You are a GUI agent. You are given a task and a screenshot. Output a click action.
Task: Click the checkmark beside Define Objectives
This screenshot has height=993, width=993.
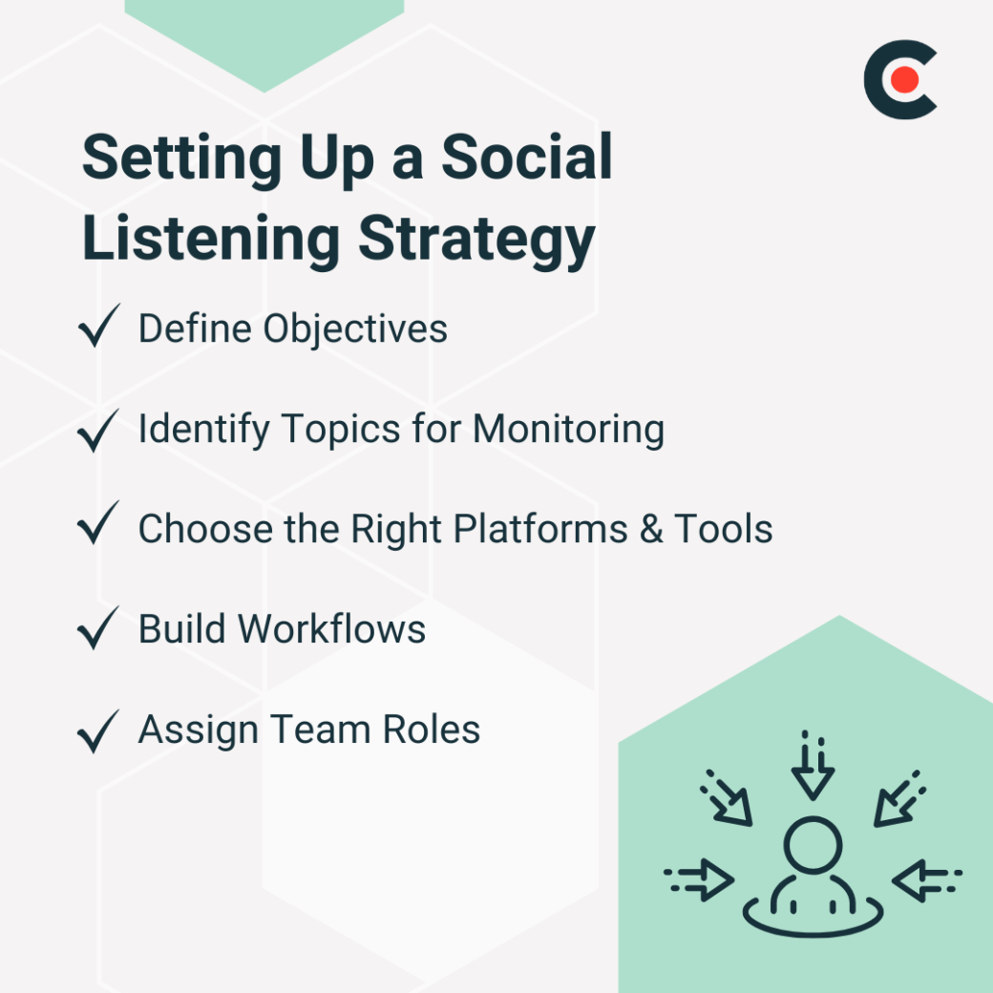97,327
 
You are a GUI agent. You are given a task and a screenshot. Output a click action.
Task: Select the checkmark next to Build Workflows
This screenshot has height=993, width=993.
97,628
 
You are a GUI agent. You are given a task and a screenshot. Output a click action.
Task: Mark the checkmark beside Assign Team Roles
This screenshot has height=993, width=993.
97,729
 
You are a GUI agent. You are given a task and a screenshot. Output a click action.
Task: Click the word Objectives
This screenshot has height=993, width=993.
355,328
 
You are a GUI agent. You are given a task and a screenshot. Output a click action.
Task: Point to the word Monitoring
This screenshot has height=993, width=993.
568,429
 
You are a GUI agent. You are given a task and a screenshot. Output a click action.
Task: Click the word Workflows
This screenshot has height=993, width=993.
331,629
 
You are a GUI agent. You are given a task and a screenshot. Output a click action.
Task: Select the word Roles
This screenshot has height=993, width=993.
432,730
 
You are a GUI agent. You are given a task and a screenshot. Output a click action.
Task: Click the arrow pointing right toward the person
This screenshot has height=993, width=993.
701,878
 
